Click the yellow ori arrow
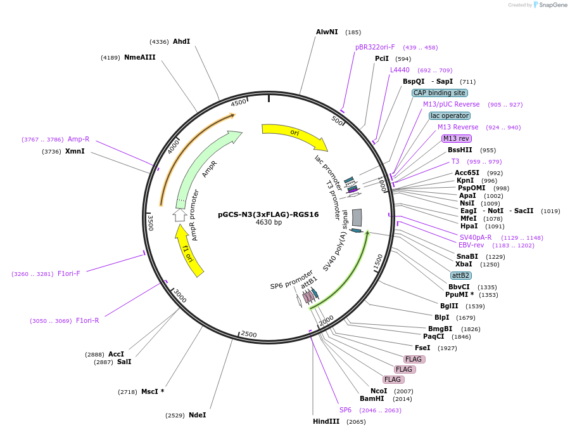294,134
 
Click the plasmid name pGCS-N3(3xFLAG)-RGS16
269,214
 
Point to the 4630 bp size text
269,222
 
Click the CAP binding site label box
440,93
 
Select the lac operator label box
450,116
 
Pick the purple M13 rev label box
457,138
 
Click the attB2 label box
461,276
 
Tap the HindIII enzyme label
326,421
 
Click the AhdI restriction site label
181,41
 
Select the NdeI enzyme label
198,416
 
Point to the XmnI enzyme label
75,151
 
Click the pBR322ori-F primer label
375,48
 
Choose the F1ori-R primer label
87,320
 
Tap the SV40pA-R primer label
476,237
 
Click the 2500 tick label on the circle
249,334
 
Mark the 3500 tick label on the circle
151,223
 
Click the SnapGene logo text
552,4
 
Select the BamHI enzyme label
372,399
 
